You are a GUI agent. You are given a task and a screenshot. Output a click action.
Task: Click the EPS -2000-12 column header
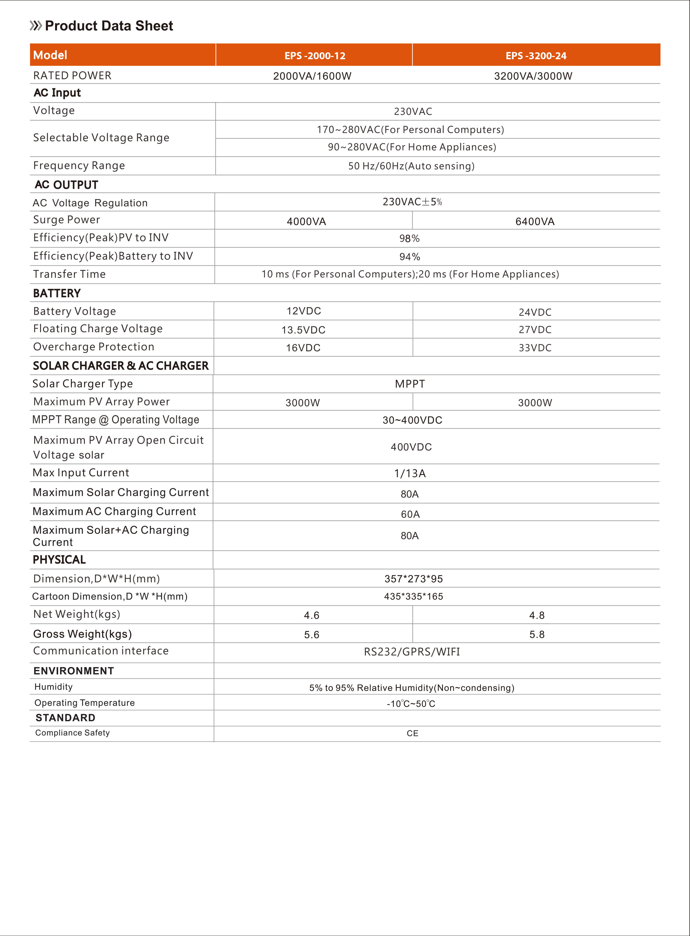point(315,56)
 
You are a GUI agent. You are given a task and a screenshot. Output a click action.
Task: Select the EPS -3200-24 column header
point(536,56)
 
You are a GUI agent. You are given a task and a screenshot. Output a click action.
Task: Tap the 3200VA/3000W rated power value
point(533,76)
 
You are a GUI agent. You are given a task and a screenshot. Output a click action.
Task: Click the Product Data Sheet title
point(109,26)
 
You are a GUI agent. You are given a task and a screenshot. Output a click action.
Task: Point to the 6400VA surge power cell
point(535,221)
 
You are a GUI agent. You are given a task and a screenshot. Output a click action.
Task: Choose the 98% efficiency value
point(409,238)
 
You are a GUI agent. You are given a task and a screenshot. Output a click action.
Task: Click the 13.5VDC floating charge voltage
point(303,330)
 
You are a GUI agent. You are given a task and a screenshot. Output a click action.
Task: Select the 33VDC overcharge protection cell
point(535,348)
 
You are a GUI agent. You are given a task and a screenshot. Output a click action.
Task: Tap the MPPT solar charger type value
point(410,384)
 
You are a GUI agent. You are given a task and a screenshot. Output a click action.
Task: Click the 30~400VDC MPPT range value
point(412,420)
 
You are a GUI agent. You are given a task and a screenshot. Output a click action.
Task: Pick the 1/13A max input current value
point(410,473)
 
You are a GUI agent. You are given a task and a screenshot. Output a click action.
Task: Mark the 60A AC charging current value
point(410,514)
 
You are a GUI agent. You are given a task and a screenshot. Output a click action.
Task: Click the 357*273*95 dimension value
point(413,579)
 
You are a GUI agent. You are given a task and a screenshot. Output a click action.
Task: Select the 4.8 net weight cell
point(537,615)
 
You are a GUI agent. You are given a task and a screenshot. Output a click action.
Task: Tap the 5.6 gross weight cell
point(312,635)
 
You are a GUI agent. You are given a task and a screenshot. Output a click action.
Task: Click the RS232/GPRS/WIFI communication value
point(412,652)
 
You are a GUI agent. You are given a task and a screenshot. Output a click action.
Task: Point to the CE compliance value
point(412,733)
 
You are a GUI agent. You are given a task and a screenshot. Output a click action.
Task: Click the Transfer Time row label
point(69,274)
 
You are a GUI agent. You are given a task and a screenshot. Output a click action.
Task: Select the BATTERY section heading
point(57,293)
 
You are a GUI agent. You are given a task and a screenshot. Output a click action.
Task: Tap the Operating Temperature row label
point(84,703)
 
